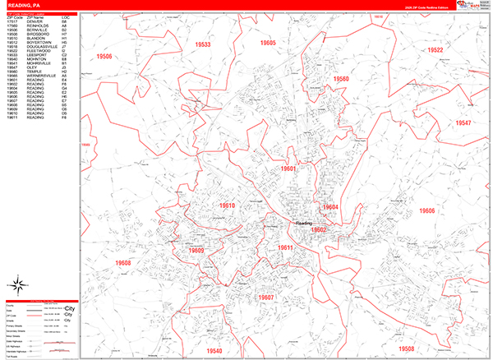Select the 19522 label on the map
pos(435,50)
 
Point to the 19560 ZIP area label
pos(341,79)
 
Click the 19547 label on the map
pos(463,122)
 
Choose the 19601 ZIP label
pos(288,168)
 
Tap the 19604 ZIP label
pos(329,206)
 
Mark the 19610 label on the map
pos(227,205)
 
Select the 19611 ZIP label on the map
pos(284,247)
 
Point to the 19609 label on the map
pos(196,250)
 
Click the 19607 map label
pos(265,297)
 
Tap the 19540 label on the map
pos(214,350)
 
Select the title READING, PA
pos(25,6)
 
